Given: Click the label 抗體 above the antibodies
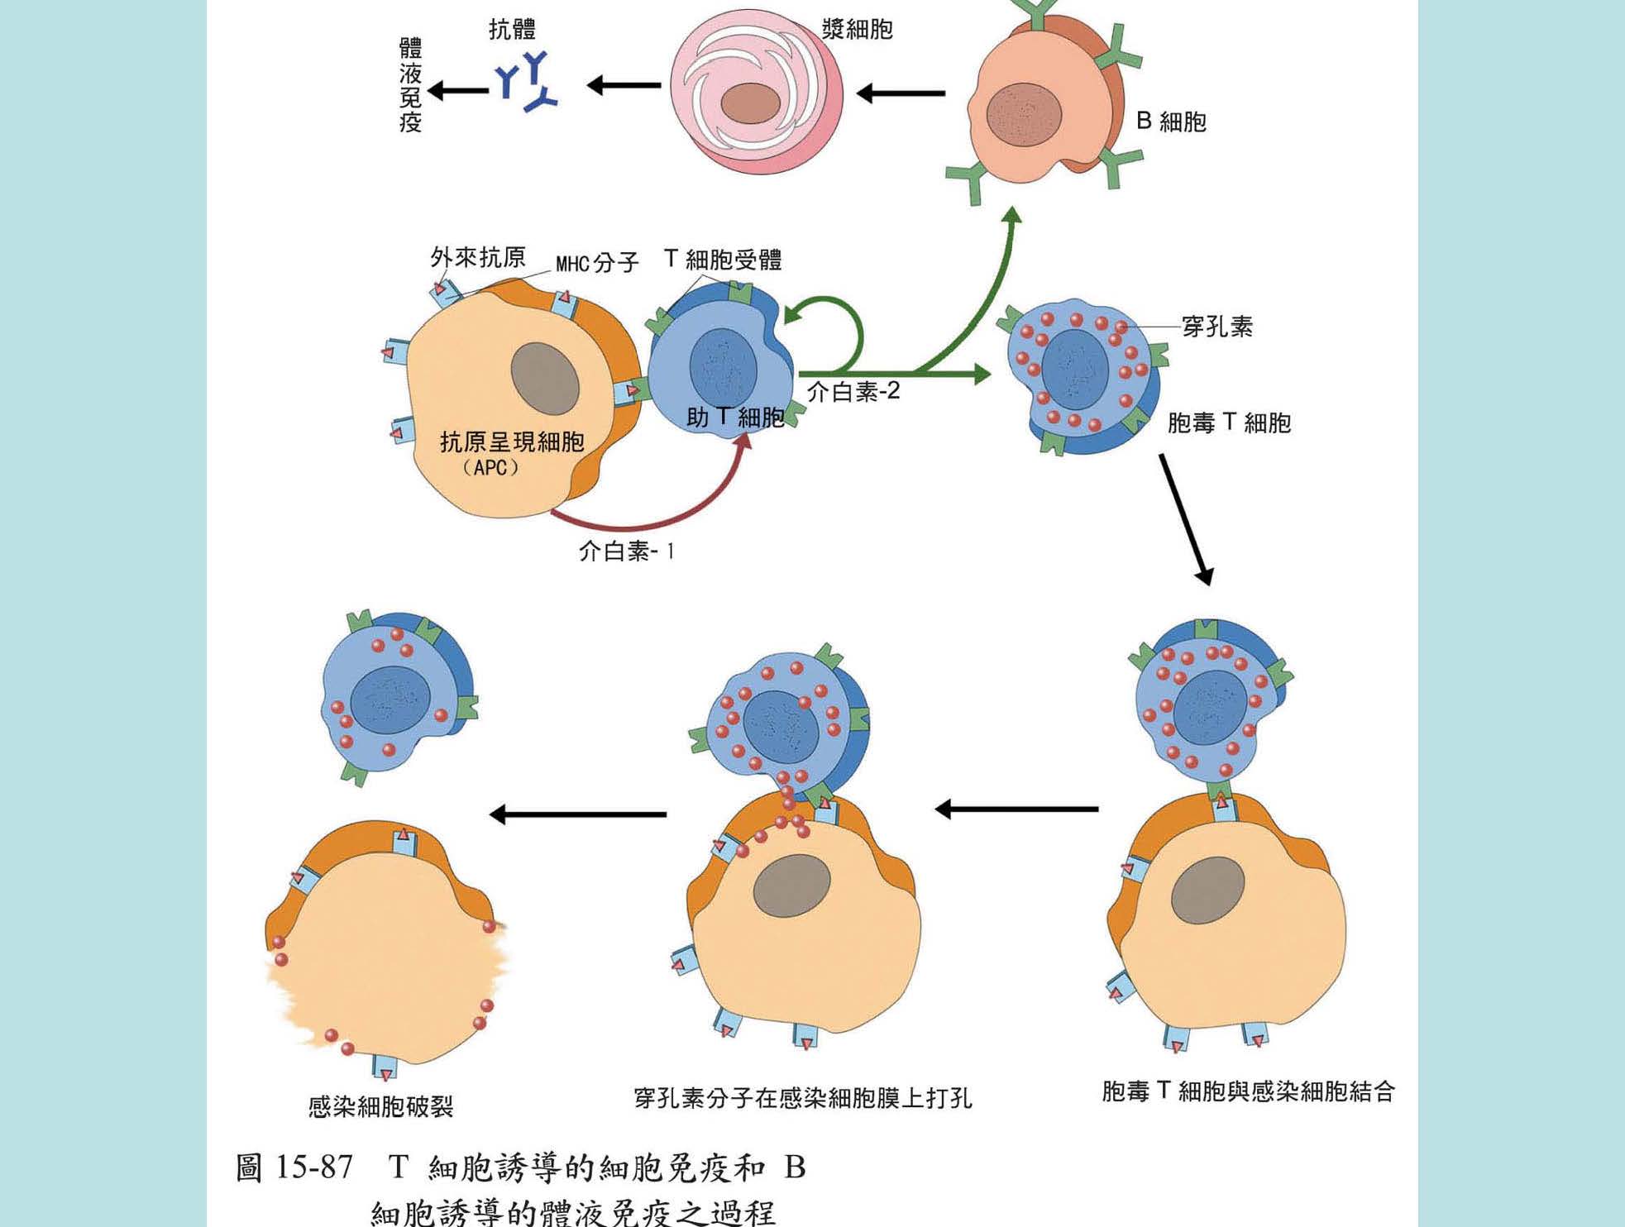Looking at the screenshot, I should pyautogui.click(x=512, y=30).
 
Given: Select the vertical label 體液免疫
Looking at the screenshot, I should pyautogui.click(x=410, y=84).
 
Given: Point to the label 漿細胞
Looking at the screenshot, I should pyautogui.click(x=857, y=30).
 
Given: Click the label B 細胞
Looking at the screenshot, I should pyautogui.click(x=1171, y=122).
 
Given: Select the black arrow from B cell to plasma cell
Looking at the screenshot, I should pyautogui.click(x=901, y=93).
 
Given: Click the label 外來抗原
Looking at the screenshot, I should pyautogui.click(x=477, y=257).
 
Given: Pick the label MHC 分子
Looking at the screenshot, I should pyautogui.click(x=597, y=263).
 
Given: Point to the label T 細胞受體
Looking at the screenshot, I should pyautogui.click(x=723, y=260).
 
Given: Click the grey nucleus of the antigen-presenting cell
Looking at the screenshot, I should pyautogui.click(x=544, y=379).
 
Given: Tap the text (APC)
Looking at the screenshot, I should pyautogui.click(x=491, y=467).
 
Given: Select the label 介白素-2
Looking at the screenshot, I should pyautogui.click(x=853, y=391).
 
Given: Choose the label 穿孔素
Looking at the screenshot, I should pyautogui.click(x=1216, y=327).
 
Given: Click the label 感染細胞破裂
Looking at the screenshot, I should pyautogui.click(x=380, y=1106).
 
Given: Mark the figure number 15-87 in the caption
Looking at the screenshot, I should pyautogui.click(x=313, y=1167).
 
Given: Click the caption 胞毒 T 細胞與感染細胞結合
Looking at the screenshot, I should pyautogui.click(x=1248, y=1091).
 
